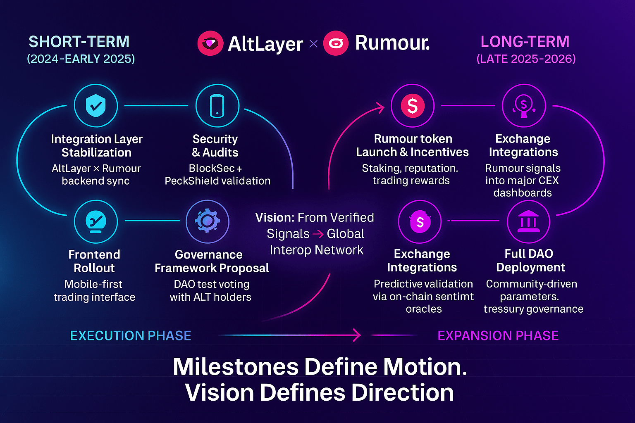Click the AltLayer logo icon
point(210,43)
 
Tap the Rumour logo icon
point(336,43)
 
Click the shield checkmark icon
point(95,106)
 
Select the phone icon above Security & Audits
point(217,106)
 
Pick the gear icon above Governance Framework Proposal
point(207,221)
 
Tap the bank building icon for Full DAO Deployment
point(528,222)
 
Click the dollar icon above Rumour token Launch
point(412,106)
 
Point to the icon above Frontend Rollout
point(95,222)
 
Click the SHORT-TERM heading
point(79,42)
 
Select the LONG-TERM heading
point(525,42)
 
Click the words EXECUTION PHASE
point(131,335)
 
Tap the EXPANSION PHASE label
point(498,335)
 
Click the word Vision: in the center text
point(275,218)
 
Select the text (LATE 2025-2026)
point(526,59)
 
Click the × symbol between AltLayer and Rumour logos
point(314,43)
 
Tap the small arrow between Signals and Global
point(318,234)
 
